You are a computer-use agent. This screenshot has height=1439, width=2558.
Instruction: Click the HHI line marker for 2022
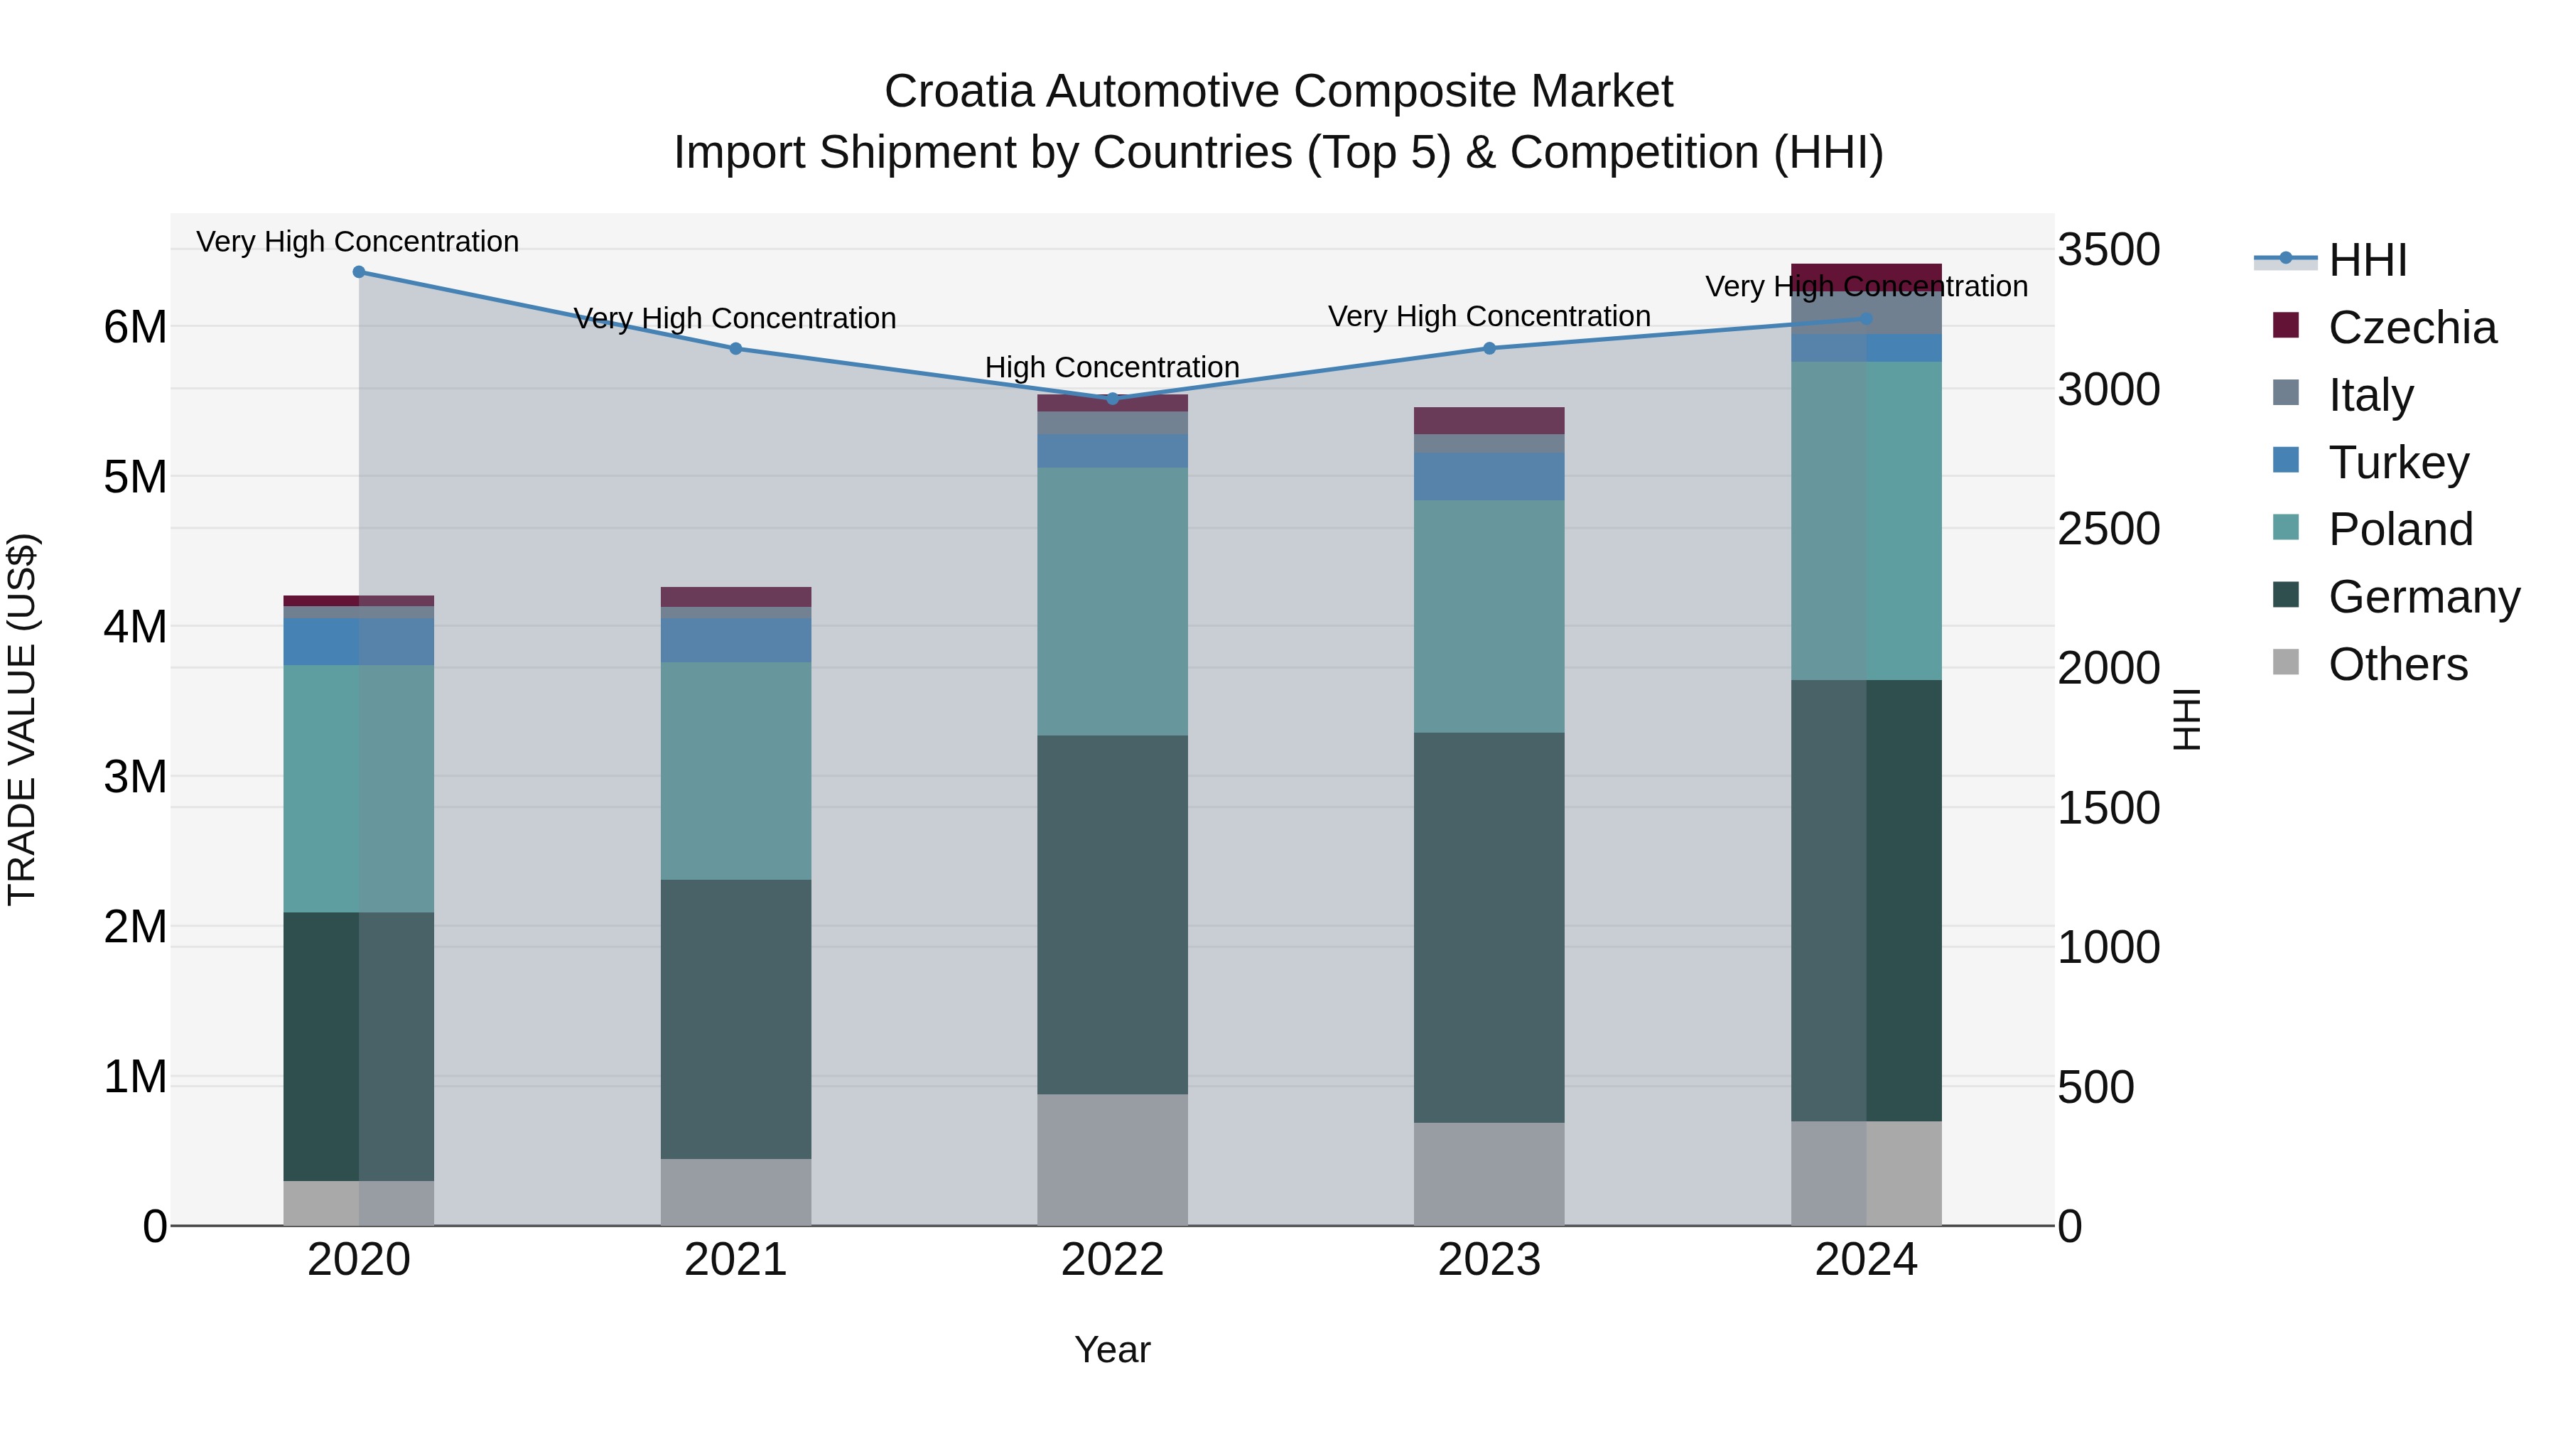pyautogui.click(x=1112, y=398)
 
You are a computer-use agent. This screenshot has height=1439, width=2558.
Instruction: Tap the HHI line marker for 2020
pyautogui.click(x=359, y=271)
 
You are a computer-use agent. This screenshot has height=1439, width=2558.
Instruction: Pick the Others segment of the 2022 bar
pyautogui.click(x=1112, y=1159)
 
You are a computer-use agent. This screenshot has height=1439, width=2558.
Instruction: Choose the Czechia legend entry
pyautogui.click(x=2411, y=328)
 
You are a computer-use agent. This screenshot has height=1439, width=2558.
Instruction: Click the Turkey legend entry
pyautogui.click(x=2398, y=462)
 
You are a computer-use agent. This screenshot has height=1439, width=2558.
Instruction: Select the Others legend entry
pyautogui.click(x=2397, y=664)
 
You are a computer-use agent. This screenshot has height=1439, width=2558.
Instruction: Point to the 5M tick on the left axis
pyautogui.click(x=135, y=477)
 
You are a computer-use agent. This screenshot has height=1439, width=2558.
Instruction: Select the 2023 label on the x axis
pyautogui.click(x=1489, y=1259)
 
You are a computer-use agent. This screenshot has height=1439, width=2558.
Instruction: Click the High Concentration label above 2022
pyautogui.click(x=1112, y=367)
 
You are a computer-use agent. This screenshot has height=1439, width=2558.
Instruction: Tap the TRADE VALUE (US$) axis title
pyautogui.click(x=23, y=719)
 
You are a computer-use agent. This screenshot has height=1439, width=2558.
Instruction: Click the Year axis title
pyautogui.click(x=1112, y=1349)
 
